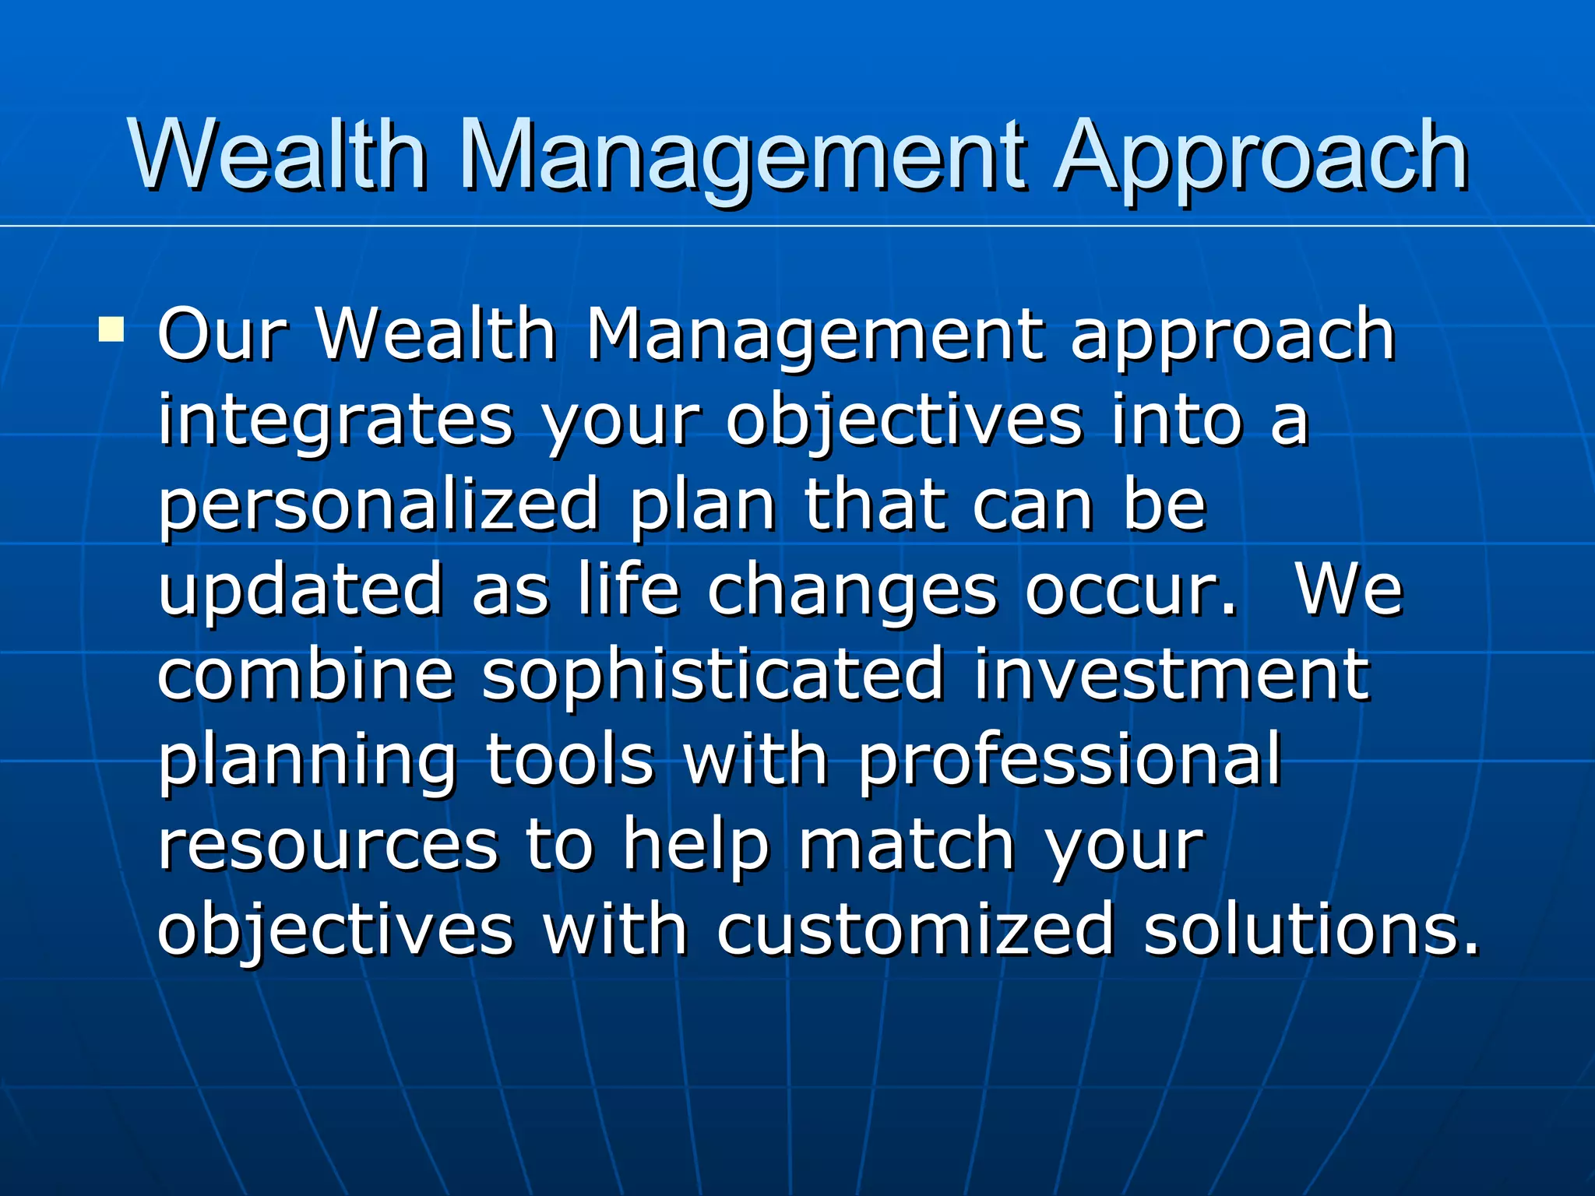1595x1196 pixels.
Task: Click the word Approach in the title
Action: (1262, 160)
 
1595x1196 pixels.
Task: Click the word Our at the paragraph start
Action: (221, 335)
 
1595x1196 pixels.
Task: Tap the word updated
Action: (301, 589)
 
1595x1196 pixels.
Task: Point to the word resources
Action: (327, 846)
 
